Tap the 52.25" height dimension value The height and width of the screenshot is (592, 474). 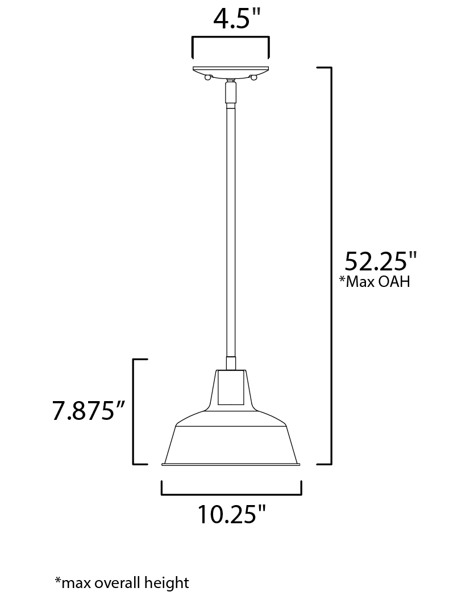click(x=381, y=261)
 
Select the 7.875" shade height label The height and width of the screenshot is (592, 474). click(x=89, y=410)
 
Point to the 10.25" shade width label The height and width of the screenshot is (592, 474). click(x=232, y=514)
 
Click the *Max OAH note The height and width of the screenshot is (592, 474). click(x=375, y=281)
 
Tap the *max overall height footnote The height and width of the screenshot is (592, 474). click(x=122, y=582)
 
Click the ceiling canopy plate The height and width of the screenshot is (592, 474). click(x=231, y=71)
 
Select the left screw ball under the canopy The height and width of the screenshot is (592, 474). click(x=207, y=77)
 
